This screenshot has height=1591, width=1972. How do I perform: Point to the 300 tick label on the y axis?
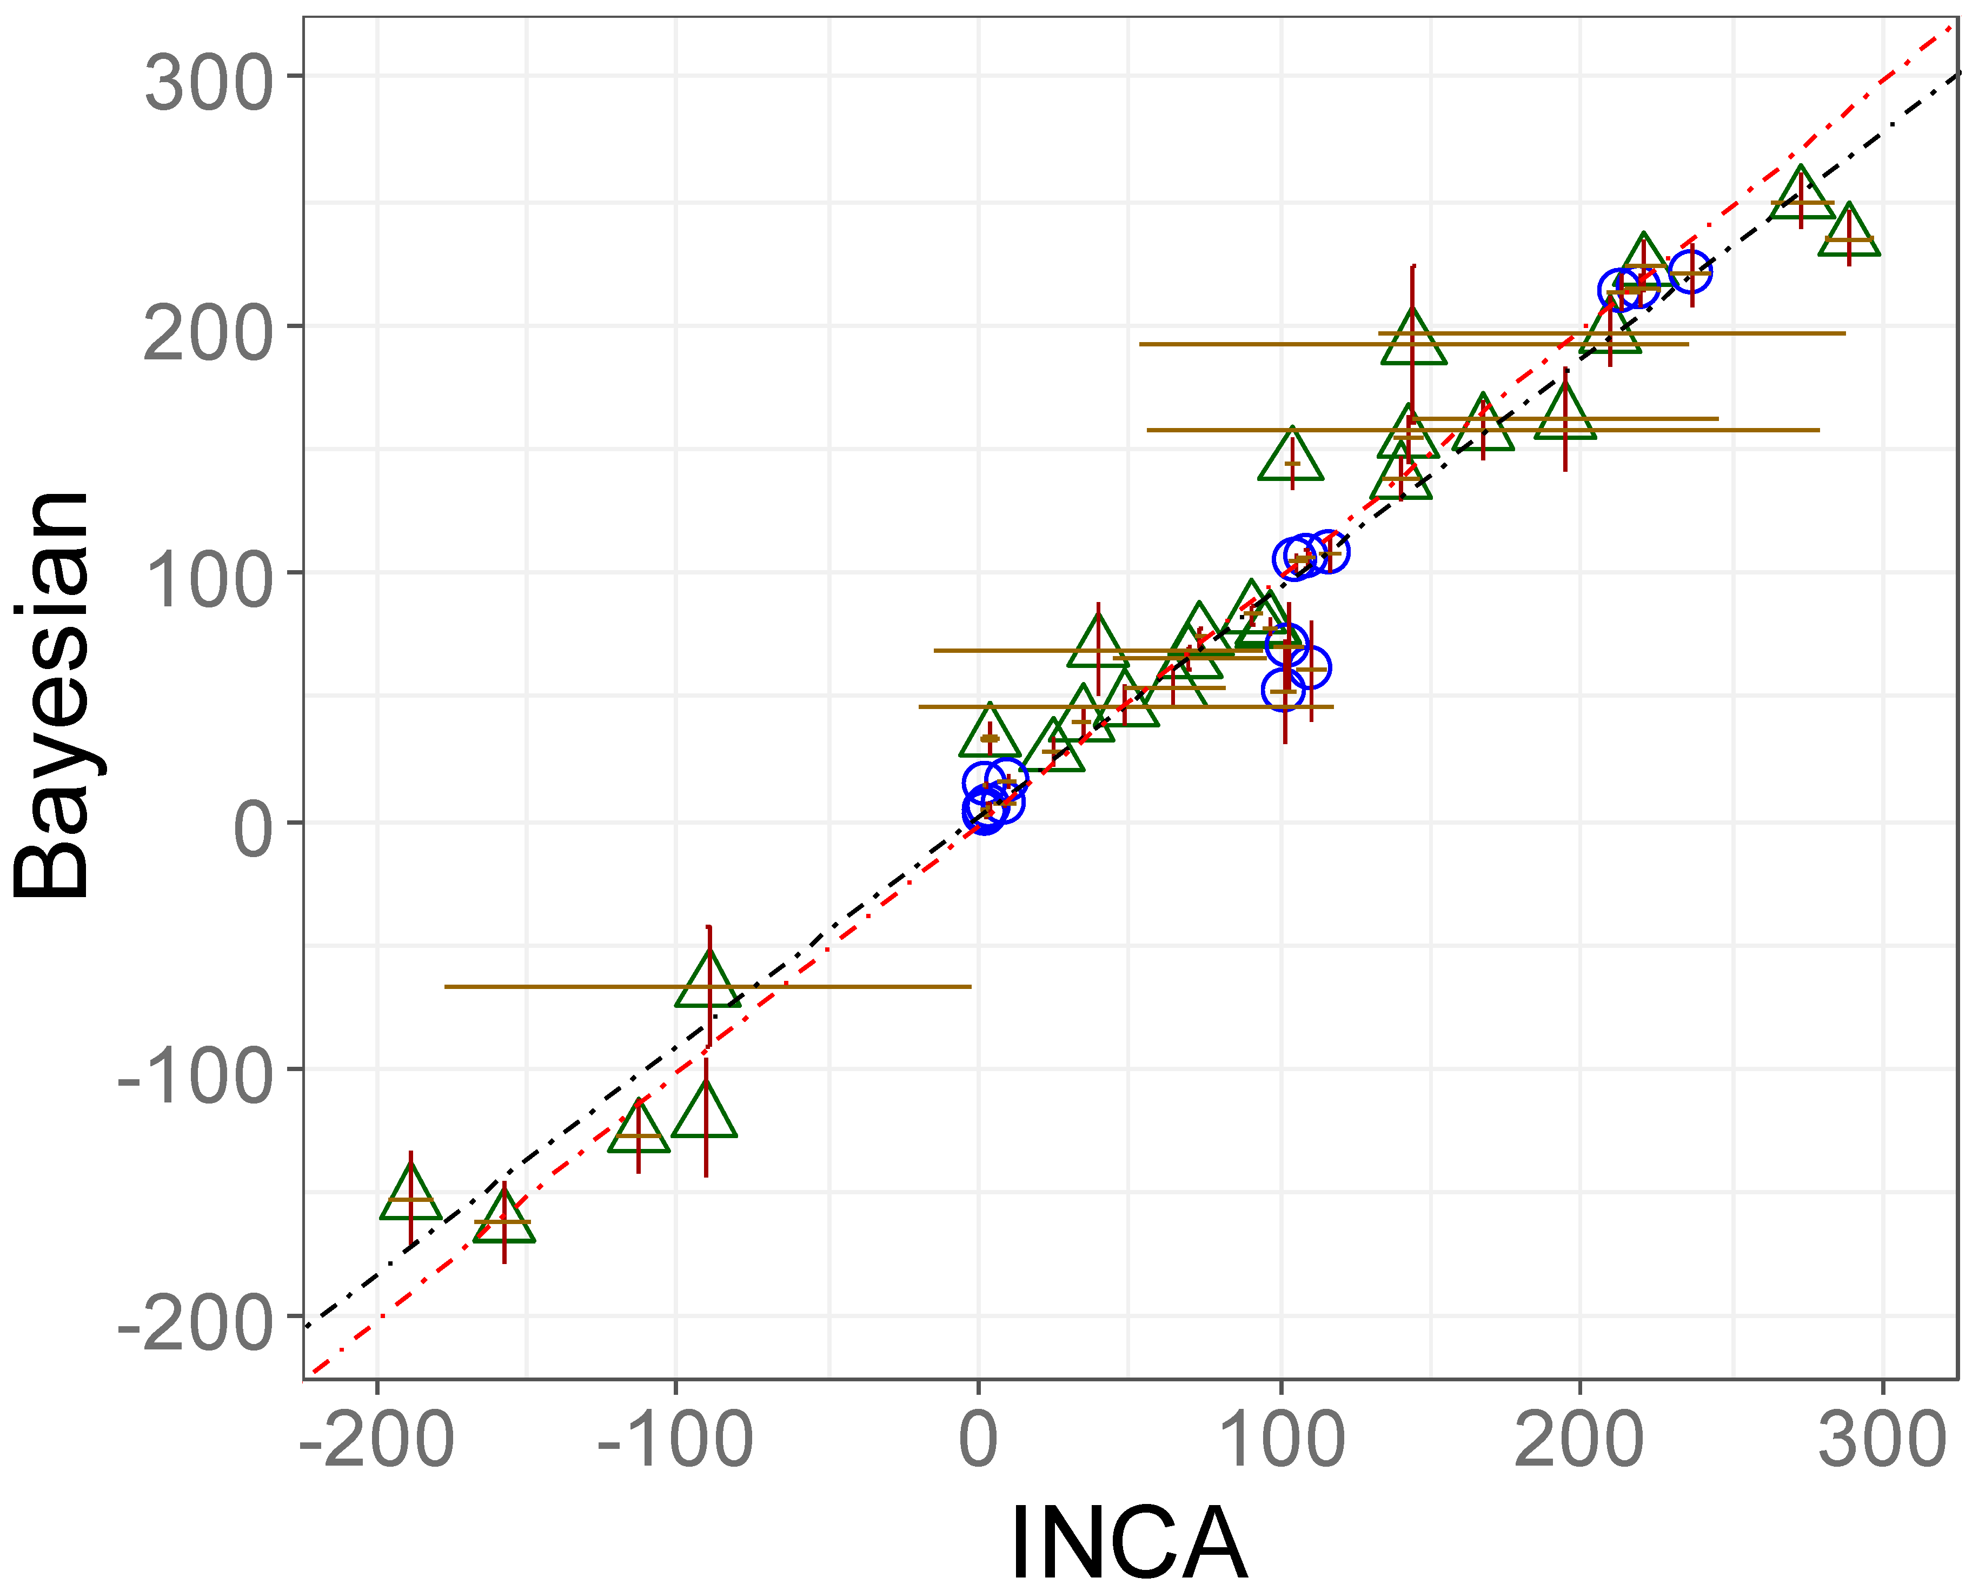[x=209, y=83]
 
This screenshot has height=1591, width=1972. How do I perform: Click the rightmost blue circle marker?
[x=1690, y=272]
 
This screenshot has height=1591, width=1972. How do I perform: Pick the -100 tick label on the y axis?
[x=195, y=1077]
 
